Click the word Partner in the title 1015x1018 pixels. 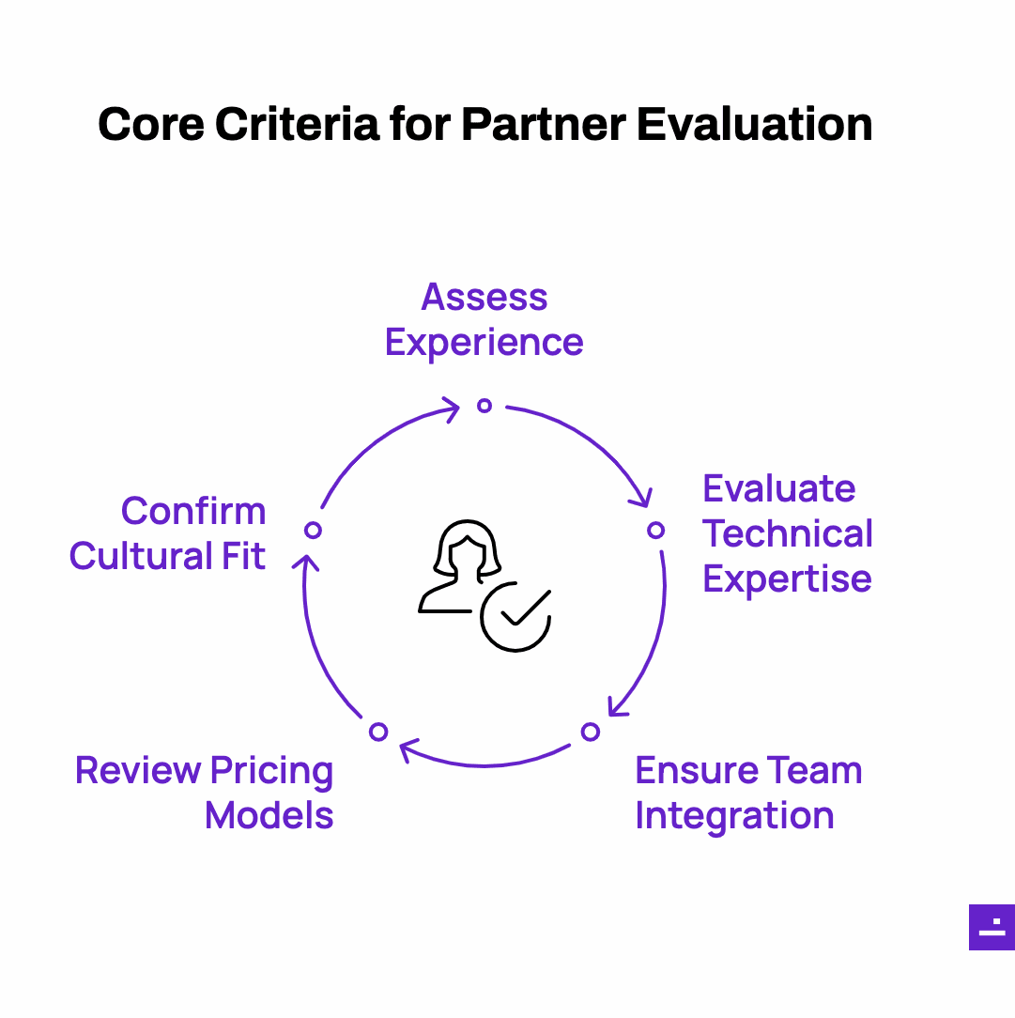[544, 124]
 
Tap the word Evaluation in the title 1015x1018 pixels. [755, 124]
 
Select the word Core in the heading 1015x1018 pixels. [151, 124]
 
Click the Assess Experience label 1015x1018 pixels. [484, 320]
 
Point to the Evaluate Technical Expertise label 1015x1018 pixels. [788, 533]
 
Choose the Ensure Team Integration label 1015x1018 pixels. [749, 794]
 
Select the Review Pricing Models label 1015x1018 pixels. [205, 793]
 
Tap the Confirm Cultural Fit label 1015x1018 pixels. [168, 533]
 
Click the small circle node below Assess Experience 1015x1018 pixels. [484, 406]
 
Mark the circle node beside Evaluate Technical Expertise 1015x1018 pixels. [656, 531]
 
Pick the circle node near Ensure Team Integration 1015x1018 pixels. [591, 732]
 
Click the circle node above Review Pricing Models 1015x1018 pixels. [378, 732]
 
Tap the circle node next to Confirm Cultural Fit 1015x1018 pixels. [313, 531]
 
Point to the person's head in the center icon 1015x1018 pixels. [468, 548]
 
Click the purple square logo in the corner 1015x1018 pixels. [992, 927]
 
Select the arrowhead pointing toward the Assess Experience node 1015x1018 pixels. [450, 410]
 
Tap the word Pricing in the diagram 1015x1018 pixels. [271, 772]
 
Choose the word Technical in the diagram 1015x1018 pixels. [788, 533]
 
